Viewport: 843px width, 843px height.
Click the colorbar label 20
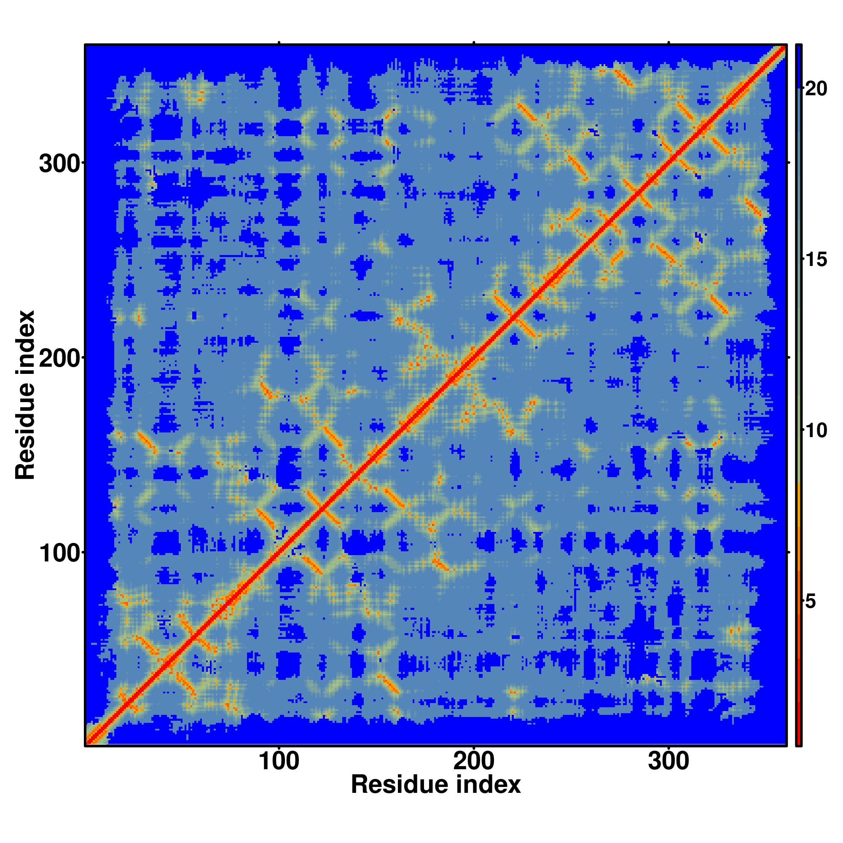pyautogui.click(x=816, y=89)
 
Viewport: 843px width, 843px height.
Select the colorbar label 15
pyautogui.click(x=816, y=260)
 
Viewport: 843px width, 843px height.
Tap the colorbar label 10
pyautogui.click(x=816, y=431)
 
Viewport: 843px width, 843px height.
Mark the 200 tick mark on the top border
pyautogui.click(x=473, y=43)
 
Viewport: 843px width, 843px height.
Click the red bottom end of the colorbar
pyautogui.click(x=798, y=740)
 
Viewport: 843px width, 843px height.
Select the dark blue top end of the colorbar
pyautogui.click(x=798, y=65)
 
